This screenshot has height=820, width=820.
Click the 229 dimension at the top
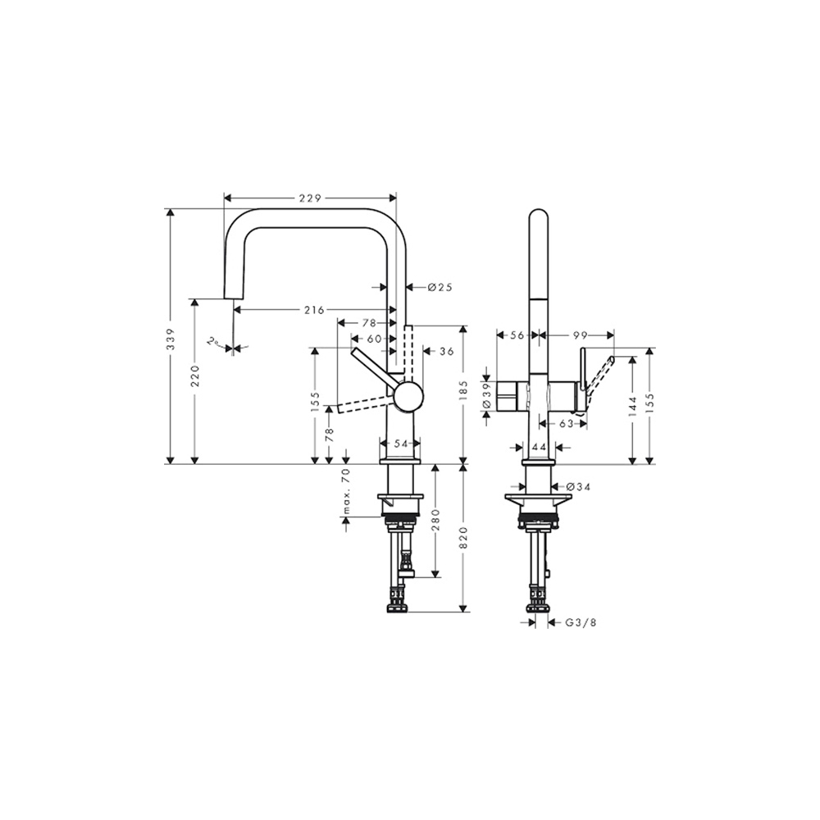[x=310, y=198]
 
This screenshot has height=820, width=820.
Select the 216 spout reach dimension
[x=314, y=310]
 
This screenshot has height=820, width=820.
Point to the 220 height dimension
[x=194, y=376]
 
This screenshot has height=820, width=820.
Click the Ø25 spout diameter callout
[x=440, y=287]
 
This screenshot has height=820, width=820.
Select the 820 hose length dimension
[x=463, y=538]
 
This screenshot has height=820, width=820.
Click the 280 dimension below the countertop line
[x=436, y=520]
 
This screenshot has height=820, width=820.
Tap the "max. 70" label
[x=346, y=491]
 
